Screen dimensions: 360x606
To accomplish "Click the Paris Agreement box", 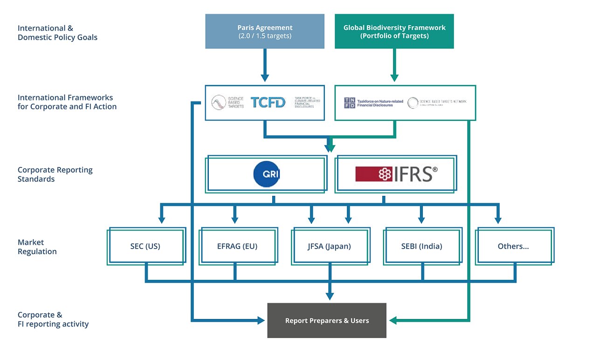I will click(264, 31).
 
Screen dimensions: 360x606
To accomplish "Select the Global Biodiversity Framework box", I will click(394, 31).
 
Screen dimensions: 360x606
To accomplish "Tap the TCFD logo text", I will click(268, 103).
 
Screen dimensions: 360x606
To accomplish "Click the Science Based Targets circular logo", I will click(219, 103).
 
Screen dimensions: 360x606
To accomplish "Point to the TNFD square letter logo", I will click(349, 103).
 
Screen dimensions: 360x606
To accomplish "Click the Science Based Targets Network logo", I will click(413, 103).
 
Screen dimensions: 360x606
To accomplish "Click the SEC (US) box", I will click(145, 246).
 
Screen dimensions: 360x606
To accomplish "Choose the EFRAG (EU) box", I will click(238, 246).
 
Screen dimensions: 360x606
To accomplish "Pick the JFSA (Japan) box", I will click(329, 246).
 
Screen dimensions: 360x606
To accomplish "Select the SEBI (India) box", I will click(421, 246).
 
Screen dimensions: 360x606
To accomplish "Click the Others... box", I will click(513, 246).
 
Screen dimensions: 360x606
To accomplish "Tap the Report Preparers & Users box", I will click(327, 320).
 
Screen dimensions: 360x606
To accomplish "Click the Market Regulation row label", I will click(37, 247).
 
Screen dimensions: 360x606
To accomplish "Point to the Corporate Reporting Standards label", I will click(55, 174).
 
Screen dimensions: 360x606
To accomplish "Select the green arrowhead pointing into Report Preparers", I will click(393, 320).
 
